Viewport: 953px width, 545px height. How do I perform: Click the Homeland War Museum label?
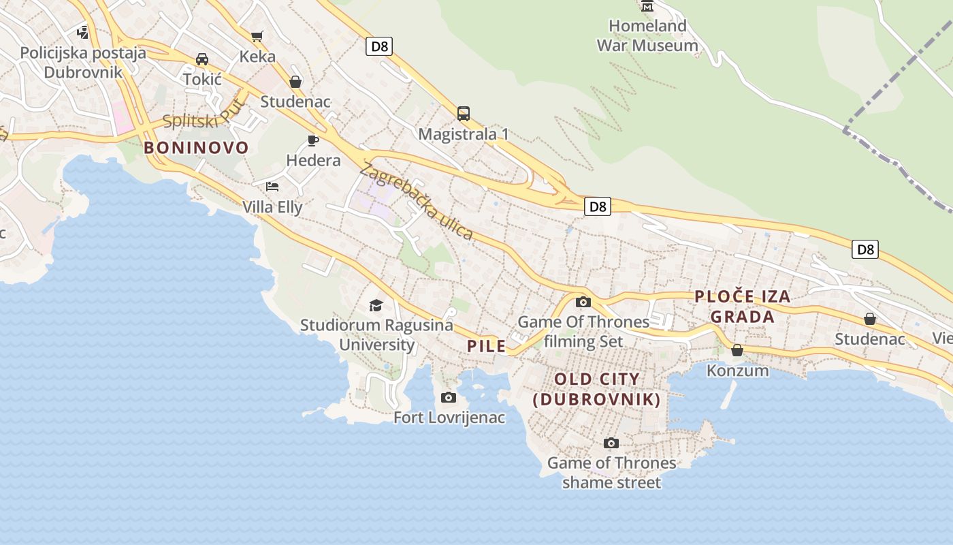[647, 36]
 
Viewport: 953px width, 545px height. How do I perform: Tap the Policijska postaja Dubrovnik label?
[83, 63]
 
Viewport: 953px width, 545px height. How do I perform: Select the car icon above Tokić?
[202, 59]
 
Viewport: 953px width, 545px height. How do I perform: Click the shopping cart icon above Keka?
[257, 36]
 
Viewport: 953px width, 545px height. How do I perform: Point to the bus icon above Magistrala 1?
[464, 113]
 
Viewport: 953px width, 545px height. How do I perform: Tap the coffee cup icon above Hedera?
[313, 141]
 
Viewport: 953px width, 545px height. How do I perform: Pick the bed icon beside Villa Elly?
[272, 186]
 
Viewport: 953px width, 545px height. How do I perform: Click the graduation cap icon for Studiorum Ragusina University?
[376, 305]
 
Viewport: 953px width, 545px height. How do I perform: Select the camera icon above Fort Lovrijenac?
[448, 397]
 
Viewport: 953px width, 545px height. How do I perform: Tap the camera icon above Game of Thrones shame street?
[611, 443]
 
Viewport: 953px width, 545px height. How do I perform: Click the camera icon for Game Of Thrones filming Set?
[583, 302]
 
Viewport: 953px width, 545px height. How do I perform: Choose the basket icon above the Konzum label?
[737, 350]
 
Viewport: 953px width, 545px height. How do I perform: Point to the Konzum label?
[737, 371]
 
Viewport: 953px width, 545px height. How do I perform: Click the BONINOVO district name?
[196, 148]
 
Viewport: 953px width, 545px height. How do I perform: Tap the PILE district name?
[487, 346]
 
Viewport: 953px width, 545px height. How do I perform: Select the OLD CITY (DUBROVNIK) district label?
[597, 389]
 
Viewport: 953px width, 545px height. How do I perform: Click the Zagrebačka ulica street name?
[417, 202]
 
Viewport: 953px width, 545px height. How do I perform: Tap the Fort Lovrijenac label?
[449, 417]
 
